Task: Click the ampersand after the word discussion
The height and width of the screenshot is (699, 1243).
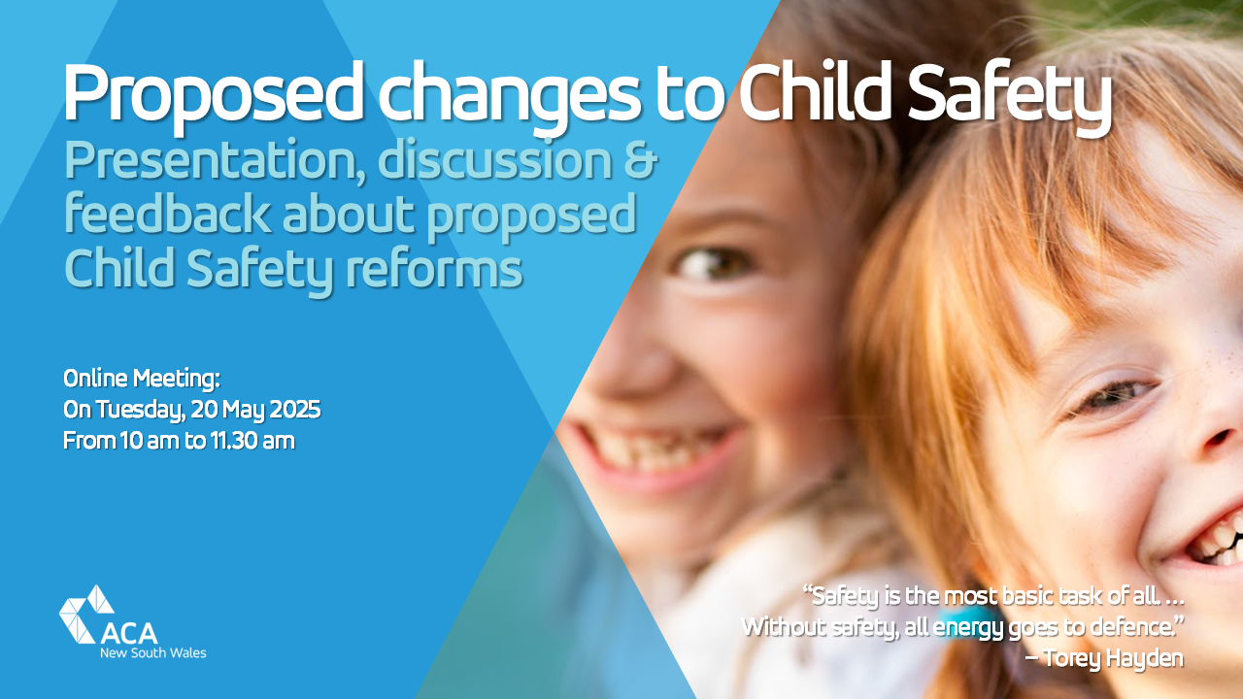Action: coord(639,161)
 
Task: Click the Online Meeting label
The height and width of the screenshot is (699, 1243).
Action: coord(142,379)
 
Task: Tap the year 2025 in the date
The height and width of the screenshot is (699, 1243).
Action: coord(289,410)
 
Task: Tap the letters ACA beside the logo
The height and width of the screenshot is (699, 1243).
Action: coord(129,633)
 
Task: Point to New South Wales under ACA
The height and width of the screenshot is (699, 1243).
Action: coord(152,653)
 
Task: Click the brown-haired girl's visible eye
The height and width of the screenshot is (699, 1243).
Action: coord(714,263)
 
